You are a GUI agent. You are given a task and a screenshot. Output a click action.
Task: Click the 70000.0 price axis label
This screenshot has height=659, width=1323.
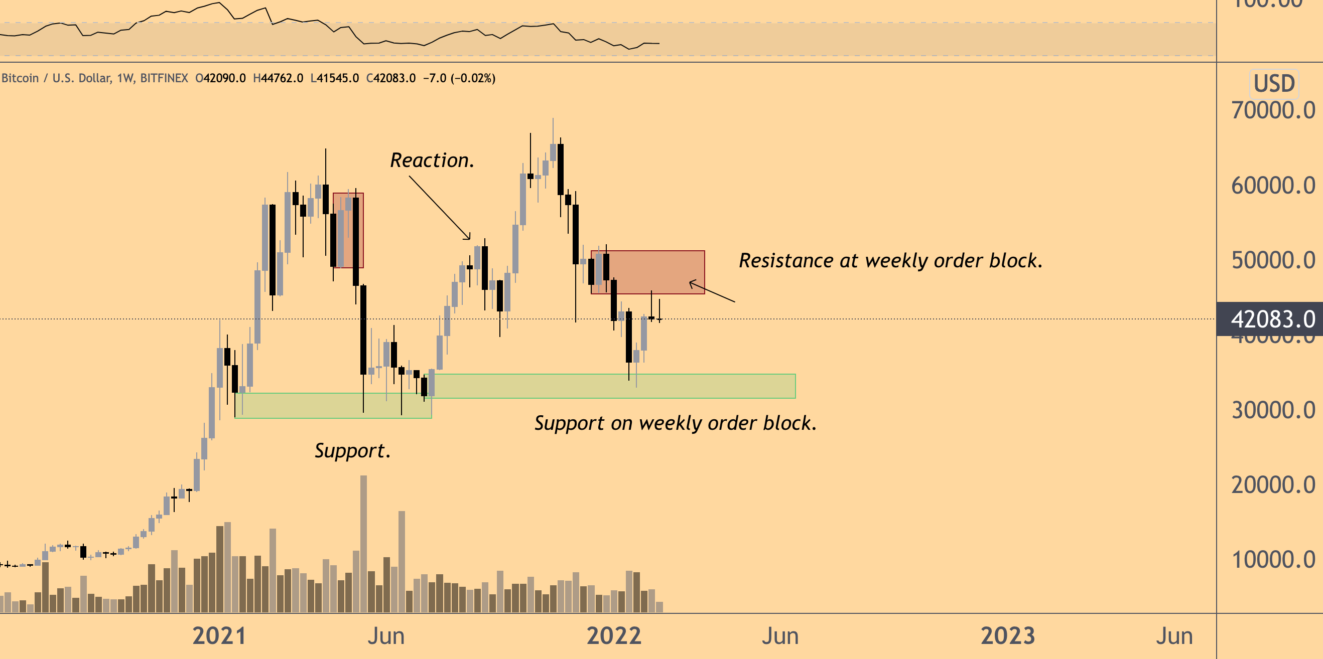[1273, 110]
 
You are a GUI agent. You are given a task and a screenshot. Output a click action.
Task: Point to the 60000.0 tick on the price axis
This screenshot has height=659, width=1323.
[1273, 185]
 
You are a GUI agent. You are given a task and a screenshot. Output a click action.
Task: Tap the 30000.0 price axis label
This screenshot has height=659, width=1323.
[1273, 410]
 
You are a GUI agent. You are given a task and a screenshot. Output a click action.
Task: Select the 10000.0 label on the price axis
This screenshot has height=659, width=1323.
[1273, 559]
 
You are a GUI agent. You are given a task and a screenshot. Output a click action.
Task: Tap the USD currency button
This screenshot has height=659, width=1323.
[1274, 84]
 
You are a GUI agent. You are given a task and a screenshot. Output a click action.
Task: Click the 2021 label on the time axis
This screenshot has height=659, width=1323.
[219, 636]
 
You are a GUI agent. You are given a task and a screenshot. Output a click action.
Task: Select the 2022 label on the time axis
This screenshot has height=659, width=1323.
[614, 636]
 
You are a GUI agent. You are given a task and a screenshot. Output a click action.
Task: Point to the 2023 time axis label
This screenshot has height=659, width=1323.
[1008, 636]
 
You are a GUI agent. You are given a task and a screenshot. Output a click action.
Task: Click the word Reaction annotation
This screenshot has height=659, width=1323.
[432, 160]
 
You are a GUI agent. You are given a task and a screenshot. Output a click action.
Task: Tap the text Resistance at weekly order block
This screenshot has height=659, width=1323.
[890, 261]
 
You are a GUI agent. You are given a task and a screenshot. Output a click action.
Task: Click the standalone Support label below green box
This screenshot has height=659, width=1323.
[353, 451]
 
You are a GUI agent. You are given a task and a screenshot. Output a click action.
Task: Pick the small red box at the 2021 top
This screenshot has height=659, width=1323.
[348, 230]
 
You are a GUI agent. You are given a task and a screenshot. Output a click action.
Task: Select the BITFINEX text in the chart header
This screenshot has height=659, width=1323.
[164, 78]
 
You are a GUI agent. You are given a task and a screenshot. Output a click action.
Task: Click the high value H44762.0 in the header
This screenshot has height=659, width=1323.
[278, 78]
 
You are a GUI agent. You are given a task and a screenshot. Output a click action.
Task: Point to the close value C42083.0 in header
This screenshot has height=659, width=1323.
[391, 78]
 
